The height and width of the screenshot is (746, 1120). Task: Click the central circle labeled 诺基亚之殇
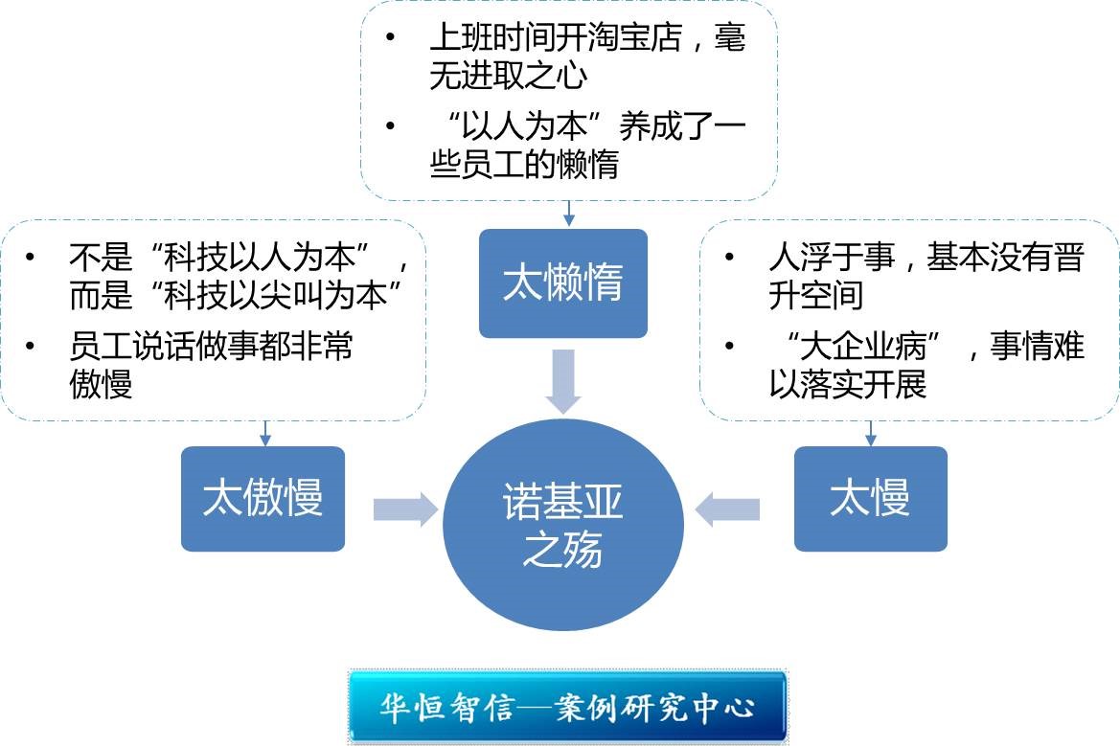[563, 524]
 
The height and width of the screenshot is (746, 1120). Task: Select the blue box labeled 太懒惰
[563, 283]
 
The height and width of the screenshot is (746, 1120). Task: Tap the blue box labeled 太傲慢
[263, 498]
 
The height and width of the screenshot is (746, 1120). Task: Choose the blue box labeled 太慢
[870, 498]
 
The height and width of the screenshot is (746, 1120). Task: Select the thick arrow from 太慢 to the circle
[728, 509]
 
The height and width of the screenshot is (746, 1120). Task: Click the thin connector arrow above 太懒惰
[568, 214]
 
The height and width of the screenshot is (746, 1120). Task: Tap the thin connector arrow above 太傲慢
[266, 433]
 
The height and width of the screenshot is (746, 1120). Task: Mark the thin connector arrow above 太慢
[870, 433]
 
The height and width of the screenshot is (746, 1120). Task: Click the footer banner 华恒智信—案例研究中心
[567, 708]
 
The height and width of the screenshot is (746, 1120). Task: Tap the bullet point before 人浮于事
[730, 258]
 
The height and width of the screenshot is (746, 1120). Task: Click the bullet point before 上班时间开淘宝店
[390, 39]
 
